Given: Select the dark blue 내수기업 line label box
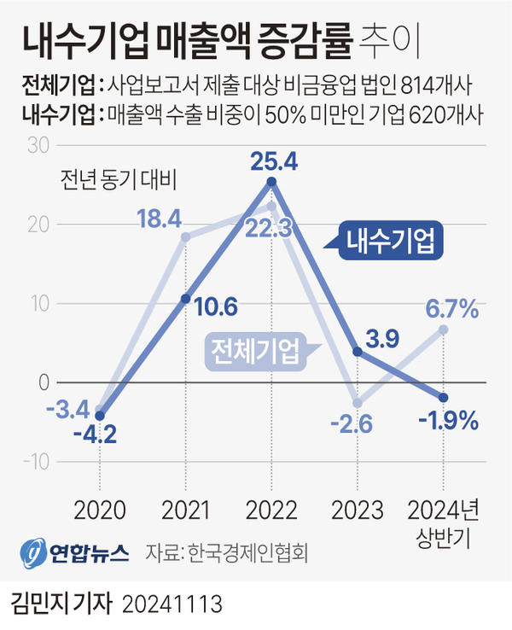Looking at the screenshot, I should tap(390, 243).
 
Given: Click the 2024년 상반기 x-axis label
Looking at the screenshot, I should tap(443, 522).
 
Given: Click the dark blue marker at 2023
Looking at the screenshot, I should tap(357, 351).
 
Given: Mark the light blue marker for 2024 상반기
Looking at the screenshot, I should tap(443, 329).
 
